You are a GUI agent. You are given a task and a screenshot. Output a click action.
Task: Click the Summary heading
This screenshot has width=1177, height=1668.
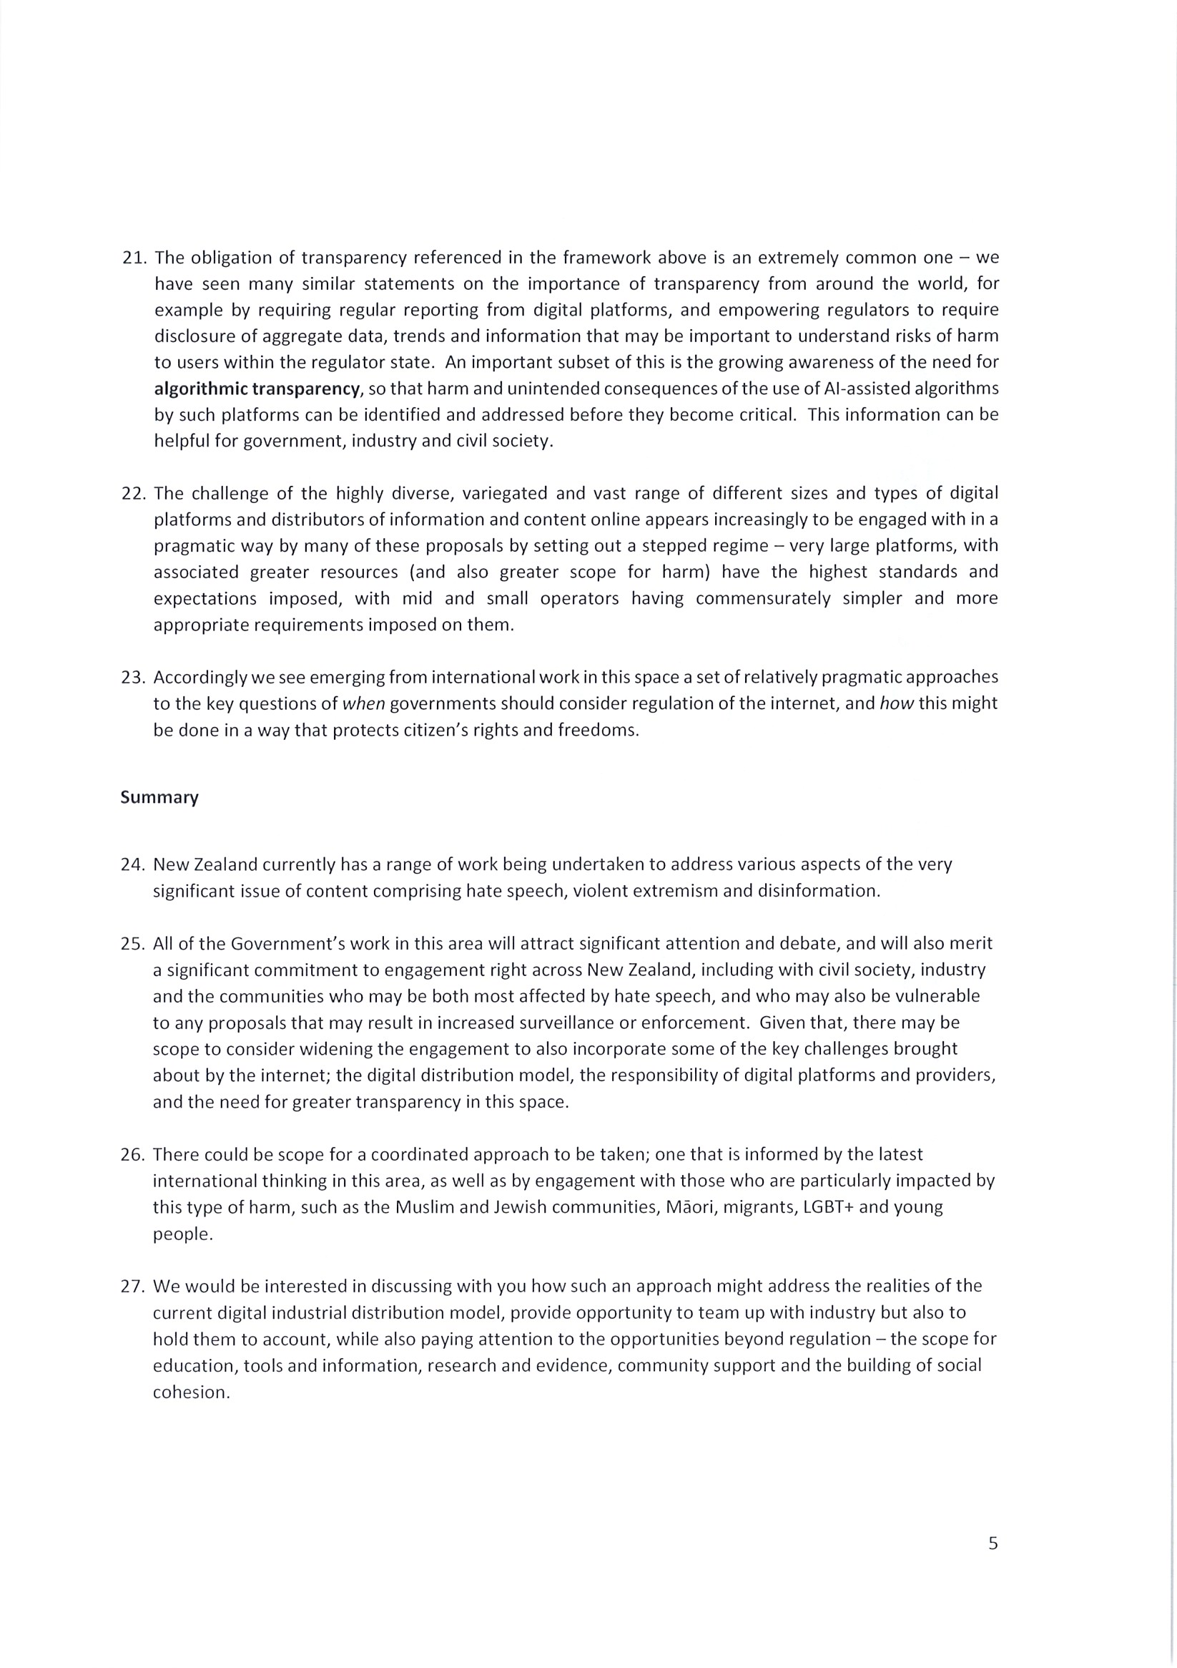(159, 798)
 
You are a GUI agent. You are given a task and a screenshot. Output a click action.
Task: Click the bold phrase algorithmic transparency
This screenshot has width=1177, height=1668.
(257, 389)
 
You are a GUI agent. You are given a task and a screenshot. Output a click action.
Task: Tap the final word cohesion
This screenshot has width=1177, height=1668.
(190, 1393)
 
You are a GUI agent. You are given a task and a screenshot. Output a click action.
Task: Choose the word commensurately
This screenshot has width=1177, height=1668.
(763, 599)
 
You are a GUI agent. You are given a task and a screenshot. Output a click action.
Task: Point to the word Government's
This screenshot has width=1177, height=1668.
(280, 944)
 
